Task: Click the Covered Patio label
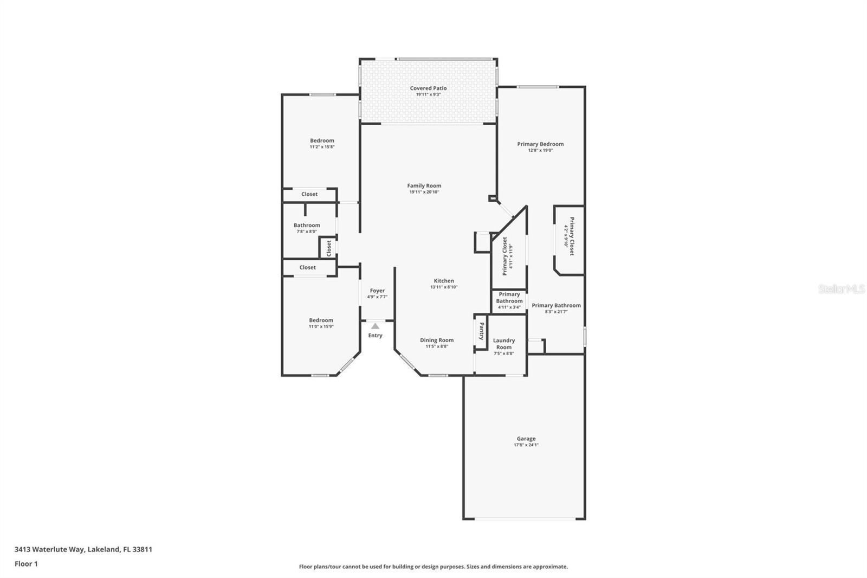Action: (428, 88)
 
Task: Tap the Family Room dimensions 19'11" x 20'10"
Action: (424, 192)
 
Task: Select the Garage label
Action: (526, 439)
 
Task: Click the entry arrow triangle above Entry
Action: (375, 326)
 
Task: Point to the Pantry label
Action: (481, 331)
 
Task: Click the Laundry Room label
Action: (504, 344)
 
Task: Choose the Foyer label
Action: (377, 291)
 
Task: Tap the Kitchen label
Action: (444, 281)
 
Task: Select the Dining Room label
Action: (437, 340)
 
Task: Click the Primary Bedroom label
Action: (540, 144)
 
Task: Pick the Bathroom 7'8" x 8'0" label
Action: (307, 226)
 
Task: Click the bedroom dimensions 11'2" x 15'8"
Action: (322, 147)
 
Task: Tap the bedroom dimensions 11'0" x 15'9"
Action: (321, 326)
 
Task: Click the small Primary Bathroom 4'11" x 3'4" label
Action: (509, 298)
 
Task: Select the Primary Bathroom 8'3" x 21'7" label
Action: (556, 305)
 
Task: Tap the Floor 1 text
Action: (26, 564)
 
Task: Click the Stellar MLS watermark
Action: (842, 290)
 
